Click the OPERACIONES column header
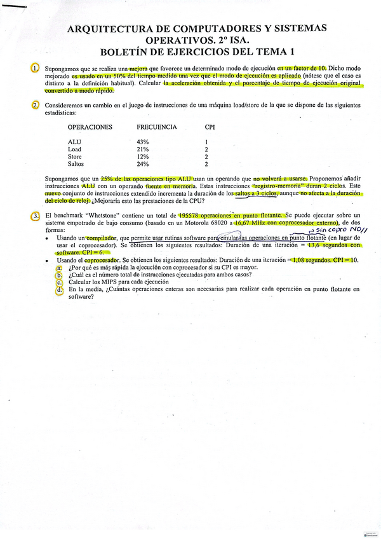point(90,127)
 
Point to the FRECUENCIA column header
point(156,127)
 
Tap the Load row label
point(74,149)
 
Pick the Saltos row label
point(76,163)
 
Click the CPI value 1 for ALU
point(206,142)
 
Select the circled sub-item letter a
point(59,268)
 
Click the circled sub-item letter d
point(59,289)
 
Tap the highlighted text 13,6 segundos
point(323,245)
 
